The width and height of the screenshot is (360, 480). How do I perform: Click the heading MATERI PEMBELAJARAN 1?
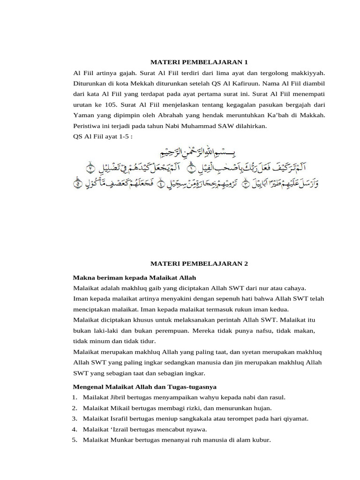click(x=198, y=62)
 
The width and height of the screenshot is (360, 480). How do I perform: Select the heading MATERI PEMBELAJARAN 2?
click(x=198, y=264)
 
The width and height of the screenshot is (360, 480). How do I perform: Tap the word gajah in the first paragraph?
click(x=126, y=73)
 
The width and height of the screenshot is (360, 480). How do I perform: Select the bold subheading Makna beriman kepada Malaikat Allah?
click(x=135, y=277)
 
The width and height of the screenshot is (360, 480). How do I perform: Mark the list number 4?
click(x=75, y=429)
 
